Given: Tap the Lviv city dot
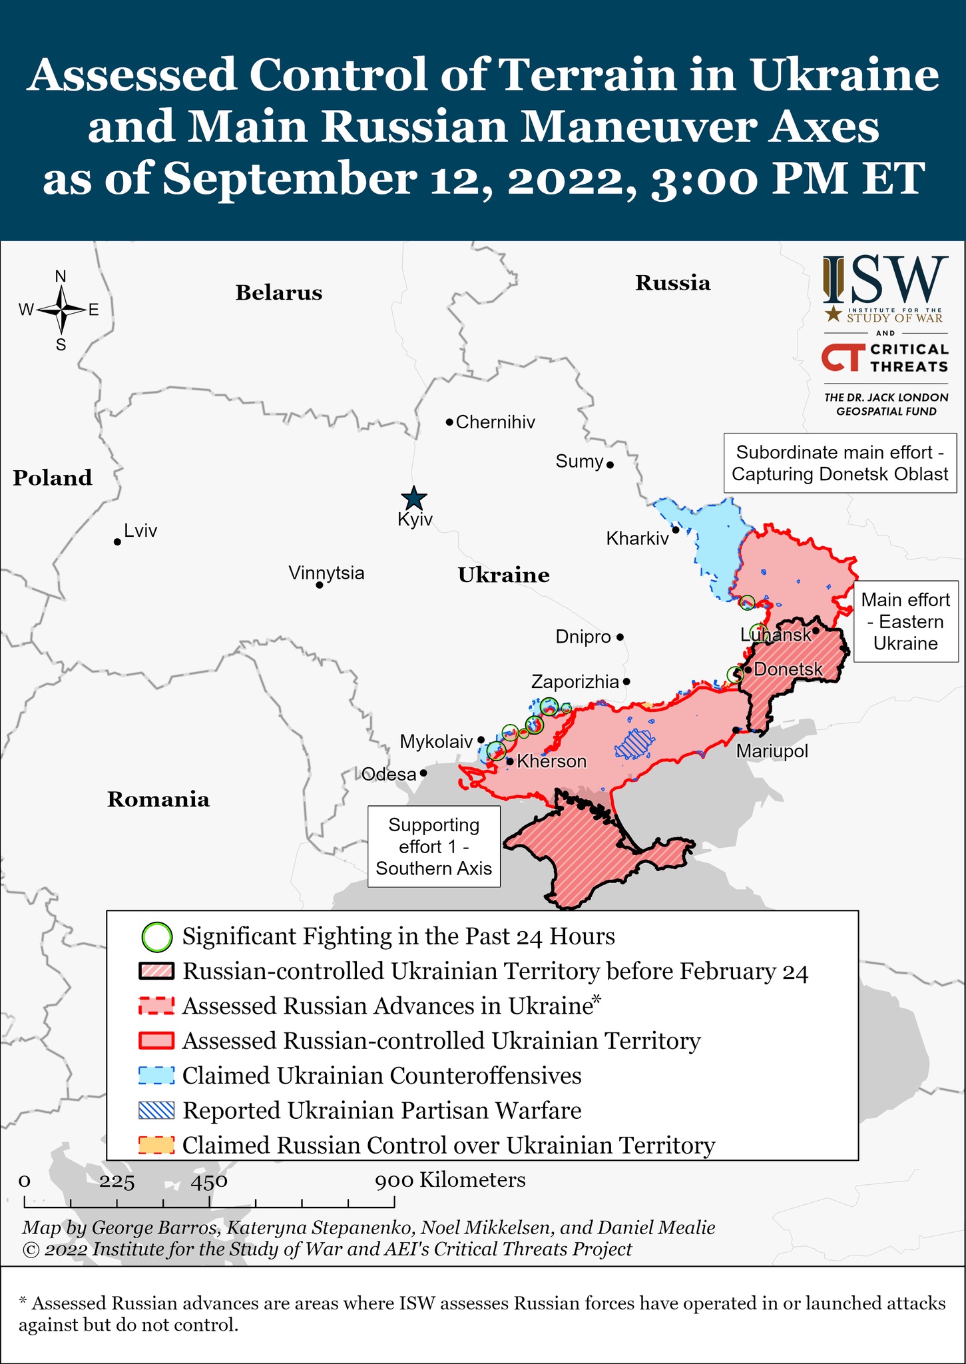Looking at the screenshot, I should point(117,542).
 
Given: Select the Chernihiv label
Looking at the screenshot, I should point(495,422).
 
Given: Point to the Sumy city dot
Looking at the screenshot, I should point(610,465).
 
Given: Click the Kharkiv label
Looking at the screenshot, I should point(637,538).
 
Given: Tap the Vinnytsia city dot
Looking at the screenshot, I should point(320,585).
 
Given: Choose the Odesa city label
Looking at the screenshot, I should point(389,774).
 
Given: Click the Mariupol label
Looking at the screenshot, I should point(772,752).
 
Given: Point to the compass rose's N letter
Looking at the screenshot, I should point(61,276).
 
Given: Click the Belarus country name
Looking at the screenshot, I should point(278,293).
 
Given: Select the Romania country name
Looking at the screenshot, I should point(158,799).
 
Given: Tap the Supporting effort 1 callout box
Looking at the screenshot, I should point(434,847).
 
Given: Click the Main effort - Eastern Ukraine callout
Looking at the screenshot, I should point(905,621).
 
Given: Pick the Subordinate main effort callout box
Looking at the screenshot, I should point(840,464).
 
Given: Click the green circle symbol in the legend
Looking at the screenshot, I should point(157,937).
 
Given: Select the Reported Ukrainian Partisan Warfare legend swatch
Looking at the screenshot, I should point(157,1110).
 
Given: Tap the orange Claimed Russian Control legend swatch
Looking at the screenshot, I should point(157,1145).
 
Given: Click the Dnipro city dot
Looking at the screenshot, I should point(620,637).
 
